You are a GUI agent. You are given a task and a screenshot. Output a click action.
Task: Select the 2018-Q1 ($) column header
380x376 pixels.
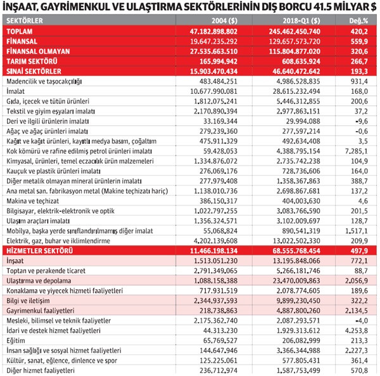tap(298, 20)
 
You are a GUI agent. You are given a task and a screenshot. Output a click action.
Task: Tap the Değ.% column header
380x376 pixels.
tap(359, 20)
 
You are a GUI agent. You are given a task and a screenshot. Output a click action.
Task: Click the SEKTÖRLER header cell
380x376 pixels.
tap(25, 20)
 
